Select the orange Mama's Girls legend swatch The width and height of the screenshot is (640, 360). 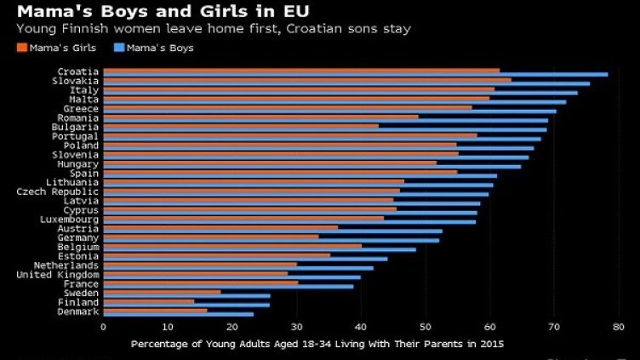point(20,48)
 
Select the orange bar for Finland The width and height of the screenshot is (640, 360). point(148,300)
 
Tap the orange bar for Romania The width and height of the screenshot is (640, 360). point(260,117)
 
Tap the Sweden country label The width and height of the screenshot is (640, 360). point(82,293)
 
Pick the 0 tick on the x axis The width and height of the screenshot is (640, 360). point(103,326)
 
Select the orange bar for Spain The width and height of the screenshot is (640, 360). point(280,172)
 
